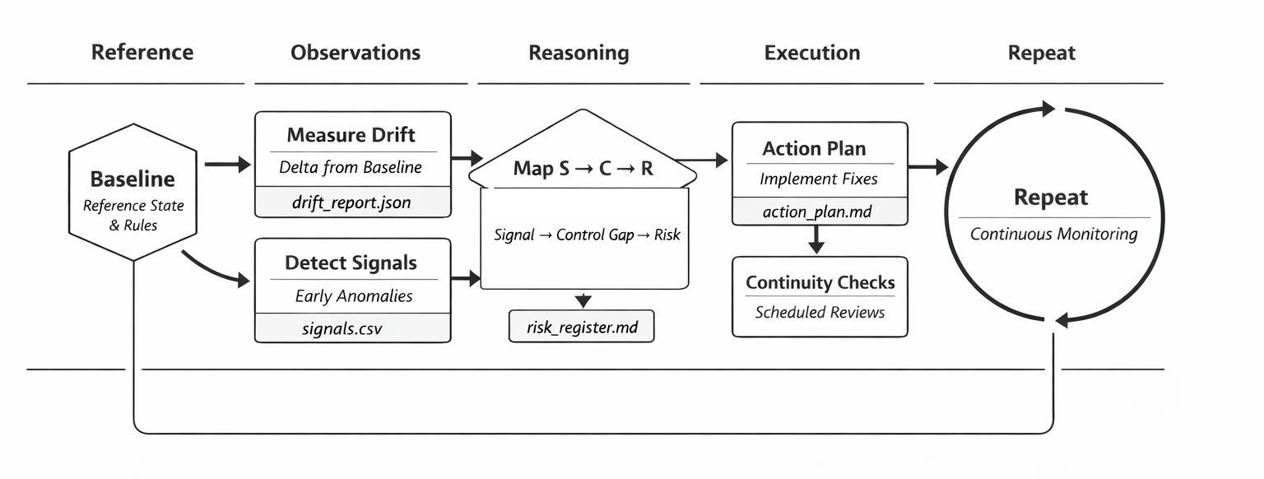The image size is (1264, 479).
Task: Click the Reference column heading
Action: pyautogui.click(x=142, y=53)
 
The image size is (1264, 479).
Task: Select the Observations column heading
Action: pyautogui.click(x=355, y=53)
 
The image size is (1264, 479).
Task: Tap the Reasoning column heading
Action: pyautogui.click(x=579, y=53)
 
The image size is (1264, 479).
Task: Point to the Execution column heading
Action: pyautogui.click(x=812, y=53)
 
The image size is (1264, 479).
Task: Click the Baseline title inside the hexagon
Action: pyautogui.click(x=132, y=179)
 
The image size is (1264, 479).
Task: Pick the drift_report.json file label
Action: pyautogui.click(x=351, y=202)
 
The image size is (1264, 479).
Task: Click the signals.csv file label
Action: pyautogui.click(x=342, y=329)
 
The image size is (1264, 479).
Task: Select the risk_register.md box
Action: pyautogui.click(x=582, y=327)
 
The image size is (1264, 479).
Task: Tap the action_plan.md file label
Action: pyautogui.click(x=817, y=212)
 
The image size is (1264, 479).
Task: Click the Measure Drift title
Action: pyautogui.click(x=351, y=135)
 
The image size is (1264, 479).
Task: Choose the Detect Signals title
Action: pyautogui.click(x=351, y=263)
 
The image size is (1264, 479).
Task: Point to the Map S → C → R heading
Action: pyautogui.click(x=583, y=169)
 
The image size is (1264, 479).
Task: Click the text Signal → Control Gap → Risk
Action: pyautogui.click(x=587, y=235)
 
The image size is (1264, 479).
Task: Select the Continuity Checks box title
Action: pyautogui.click(x=820, y=282)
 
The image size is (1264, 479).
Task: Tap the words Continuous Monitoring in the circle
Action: pyautogui.click(x=1053, y=234)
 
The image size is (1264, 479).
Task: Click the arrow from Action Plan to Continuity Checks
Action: pyautogui.click(x=816, y=239)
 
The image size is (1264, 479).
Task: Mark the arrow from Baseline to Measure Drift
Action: pyautogui.click(x=227, y=165)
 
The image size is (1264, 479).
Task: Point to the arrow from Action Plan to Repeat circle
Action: pyautogui.click(x=928, y=167)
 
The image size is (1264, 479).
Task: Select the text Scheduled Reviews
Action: pyautogui.click(x=820, y=312)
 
